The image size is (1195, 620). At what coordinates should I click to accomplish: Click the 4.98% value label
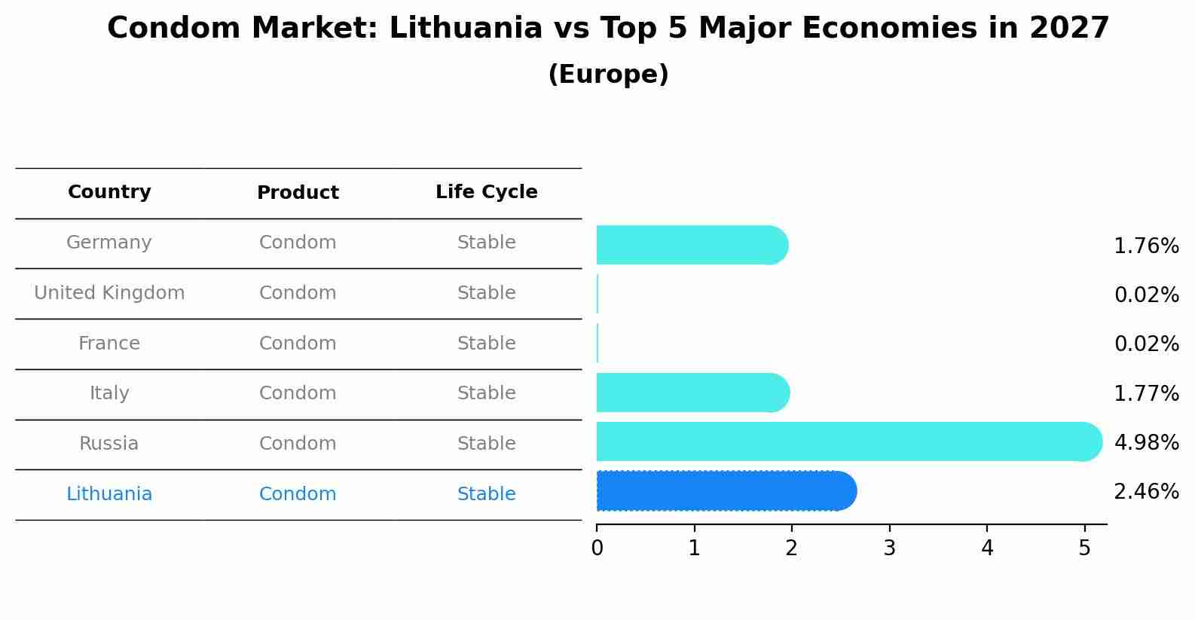pos(1146,442)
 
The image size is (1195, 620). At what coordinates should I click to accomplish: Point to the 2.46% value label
pos(1146,492)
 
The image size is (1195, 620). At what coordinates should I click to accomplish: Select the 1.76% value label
pos(1146,246)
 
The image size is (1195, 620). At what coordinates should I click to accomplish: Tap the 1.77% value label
pos(1146,393)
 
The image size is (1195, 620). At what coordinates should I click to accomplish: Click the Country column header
pos(109,192)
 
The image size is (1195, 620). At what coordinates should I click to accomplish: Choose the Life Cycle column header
pos(486,192)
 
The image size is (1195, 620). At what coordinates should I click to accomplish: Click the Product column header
pos(298,193)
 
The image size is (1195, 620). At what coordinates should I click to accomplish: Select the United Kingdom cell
pos(109,293)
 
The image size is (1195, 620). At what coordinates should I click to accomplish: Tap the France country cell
pos(109,344)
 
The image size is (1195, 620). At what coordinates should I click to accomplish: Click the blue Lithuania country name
pos(109,494)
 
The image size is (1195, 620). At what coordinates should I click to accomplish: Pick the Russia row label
pos(109,444)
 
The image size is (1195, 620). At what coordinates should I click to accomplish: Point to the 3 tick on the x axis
pos(889,548)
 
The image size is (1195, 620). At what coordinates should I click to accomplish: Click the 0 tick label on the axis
pos(597,548)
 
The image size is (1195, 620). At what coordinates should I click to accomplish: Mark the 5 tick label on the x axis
pos(1084,548)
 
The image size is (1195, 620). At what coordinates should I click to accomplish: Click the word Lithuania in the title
pos(466,29)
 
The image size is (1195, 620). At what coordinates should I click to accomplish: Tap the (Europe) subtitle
pos(608,75)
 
